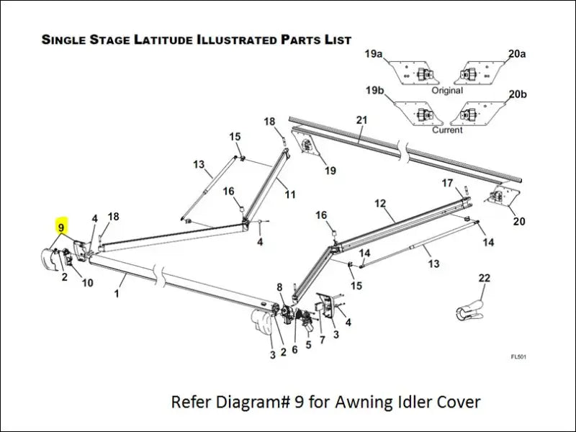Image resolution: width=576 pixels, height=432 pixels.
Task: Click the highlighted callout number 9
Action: coord(62,226)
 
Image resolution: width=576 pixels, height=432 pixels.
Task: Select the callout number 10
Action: coord(87,283)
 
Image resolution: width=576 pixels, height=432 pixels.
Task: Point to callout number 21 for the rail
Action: coord(361,119)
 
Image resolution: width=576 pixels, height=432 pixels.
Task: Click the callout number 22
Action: coord(484,278)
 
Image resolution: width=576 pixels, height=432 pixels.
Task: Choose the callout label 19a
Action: coord(374,54)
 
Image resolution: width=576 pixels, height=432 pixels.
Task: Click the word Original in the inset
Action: coord(447,91)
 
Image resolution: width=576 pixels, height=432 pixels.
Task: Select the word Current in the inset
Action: coord(447,130)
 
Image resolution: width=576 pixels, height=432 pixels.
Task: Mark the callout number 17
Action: coord(447,183)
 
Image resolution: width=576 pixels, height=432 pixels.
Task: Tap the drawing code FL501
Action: coord(518,356)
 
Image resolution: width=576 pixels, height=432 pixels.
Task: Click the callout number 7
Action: coord(322,339)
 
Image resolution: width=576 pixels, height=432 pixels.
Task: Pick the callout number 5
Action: coord(308,344)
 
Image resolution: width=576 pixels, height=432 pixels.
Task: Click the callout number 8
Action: coord(280,287)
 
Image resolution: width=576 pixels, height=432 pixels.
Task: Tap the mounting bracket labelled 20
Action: coord(503,196)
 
